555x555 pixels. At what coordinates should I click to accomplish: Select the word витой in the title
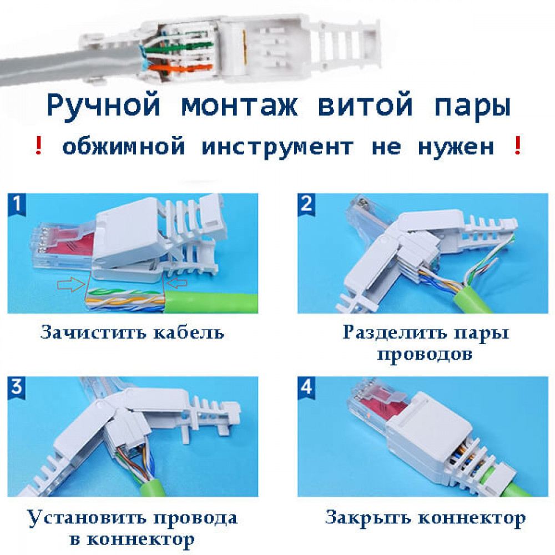tap(365, 104)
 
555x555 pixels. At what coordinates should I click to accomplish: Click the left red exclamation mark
tap(39, 145)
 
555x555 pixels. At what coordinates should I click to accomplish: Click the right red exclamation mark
tap(517, 145)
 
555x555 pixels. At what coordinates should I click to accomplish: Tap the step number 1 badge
tap(17, 204)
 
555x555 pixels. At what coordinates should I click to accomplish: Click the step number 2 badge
tap(306, 204)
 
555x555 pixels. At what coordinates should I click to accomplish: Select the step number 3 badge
tap(17, 387)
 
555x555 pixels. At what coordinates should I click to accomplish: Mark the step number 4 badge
tap(306, 387)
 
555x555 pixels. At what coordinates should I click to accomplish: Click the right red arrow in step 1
tap(176, 282)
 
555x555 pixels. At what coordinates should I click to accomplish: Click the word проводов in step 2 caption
tap(425, 354)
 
